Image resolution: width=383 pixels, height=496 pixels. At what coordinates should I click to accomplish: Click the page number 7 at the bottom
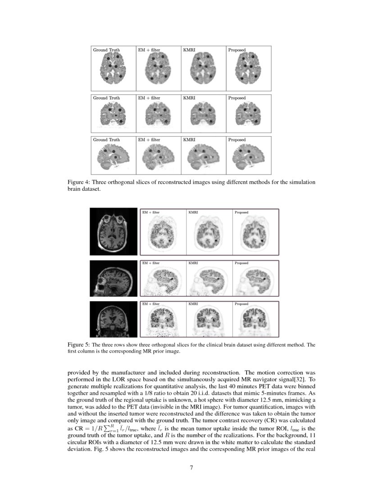coord(191,467)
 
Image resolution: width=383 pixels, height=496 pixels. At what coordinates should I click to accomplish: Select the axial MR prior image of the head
coord(114,231)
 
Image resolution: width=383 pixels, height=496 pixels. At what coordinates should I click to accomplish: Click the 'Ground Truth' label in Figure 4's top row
coord(106,49)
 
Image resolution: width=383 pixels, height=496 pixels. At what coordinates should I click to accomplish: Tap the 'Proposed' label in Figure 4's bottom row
coord(237,140)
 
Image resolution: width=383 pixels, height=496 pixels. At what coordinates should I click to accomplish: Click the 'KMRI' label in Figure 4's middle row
coord(189,98)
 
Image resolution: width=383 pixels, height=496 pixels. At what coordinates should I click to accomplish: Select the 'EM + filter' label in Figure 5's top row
coord(151,212)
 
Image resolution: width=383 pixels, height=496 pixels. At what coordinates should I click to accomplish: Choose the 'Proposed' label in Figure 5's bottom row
coord(241,304)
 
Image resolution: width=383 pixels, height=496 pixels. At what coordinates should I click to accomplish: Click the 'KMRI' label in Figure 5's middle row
coord(193,262)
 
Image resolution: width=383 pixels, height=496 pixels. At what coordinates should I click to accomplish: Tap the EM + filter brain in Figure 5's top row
coord(162,234)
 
